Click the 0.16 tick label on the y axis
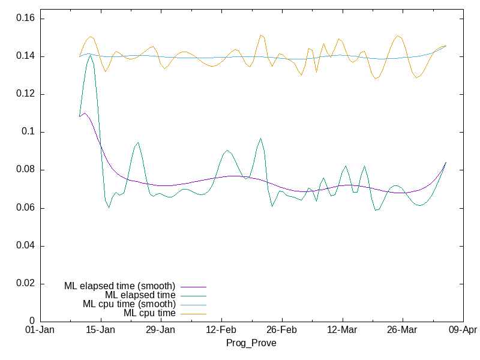click(x=25, y=19)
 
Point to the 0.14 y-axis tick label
click(x=25, y=56)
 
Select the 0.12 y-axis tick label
click(x=25, y=94)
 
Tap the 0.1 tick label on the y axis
click(x=27, y=132)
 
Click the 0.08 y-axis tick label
click(x=25, y=170)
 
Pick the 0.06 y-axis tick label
click(x=25, y=208)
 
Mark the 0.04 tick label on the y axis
click(x=25, y=245)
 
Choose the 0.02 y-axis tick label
click(x=25, y=283)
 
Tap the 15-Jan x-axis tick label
click(x=100, y=330)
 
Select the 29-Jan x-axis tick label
click(x=160, y=330)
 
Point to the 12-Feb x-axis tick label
click(x=221, y=330)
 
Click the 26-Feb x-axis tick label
click(x=281, y=330)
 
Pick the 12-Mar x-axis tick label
click(x=341, y=330)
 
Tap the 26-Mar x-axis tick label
click(x=402, y=330)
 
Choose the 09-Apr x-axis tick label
click(x=462, y=330)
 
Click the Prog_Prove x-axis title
click(x=251, y=343)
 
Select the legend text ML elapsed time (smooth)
click(x=119, y=286)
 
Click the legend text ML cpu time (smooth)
click(x=129, y=304)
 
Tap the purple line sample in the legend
click(x=192, y=286)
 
